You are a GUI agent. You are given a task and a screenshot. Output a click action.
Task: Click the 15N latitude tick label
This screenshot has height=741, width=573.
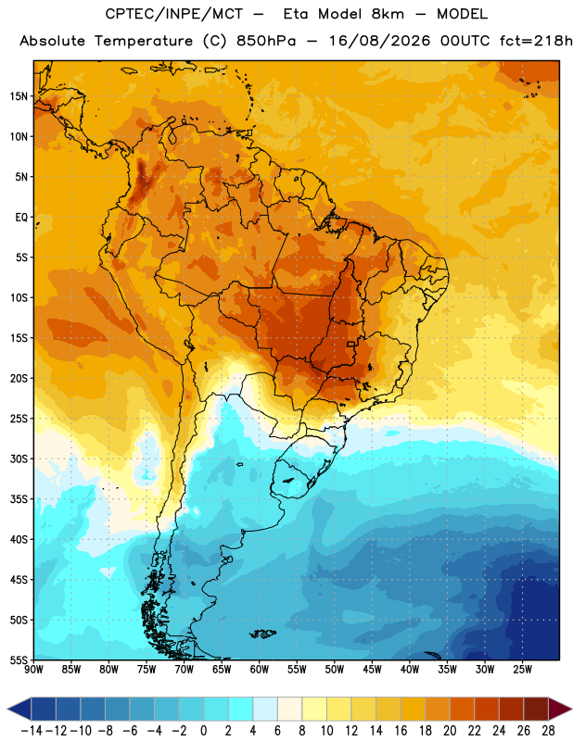tap(19, 96)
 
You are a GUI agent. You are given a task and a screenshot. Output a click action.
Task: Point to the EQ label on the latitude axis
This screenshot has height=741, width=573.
tap(21, 218)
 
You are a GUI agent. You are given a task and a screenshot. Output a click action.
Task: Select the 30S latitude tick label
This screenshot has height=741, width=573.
tap(19, 458)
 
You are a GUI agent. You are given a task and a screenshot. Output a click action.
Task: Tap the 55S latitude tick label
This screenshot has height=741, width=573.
tap(19, 659)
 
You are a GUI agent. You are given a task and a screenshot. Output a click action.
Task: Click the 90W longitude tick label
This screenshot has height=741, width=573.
tap(34, 670)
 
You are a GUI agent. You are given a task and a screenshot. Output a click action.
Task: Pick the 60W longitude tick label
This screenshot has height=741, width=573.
tap(260, 670)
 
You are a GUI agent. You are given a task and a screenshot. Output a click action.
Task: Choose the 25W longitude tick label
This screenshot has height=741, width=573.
tap(522, 670)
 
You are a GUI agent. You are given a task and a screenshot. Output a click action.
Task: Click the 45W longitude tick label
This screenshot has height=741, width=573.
tap(373, 670)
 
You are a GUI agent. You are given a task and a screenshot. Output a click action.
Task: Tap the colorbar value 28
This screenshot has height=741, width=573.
tap(548, 731)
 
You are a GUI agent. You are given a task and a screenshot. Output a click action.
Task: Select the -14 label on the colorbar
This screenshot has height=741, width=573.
tap(32, 731)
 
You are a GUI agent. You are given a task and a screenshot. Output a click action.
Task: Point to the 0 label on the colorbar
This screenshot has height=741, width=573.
tap(204, 731)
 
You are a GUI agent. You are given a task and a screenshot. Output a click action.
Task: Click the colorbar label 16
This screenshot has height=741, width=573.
tap(401, 731)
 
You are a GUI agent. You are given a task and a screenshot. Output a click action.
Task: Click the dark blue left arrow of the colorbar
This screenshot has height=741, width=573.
tap(19, 709)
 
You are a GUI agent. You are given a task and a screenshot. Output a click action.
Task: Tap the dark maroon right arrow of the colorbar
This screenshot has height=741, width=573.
tap(560, 709)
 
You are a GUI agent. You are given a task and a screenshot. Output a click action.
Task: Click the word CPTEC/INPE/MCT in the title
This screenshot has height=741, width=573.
tap(174, 14)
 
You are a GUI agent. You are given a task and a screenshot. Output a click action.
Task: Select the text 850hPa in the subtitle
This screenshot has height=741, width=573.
tap(266, 41)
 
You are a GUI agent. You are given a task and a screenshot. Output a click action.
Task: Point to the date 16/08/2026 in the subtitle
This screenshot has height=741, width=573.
tap(380, 41)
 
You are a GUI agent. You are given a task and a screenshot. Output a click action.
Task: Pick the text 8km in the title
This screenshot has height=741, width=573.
tap(388, 14)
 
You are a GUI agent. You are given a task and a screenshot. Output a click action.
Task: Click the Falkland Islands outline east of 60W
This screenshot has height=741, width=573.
tap(262, 634)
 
